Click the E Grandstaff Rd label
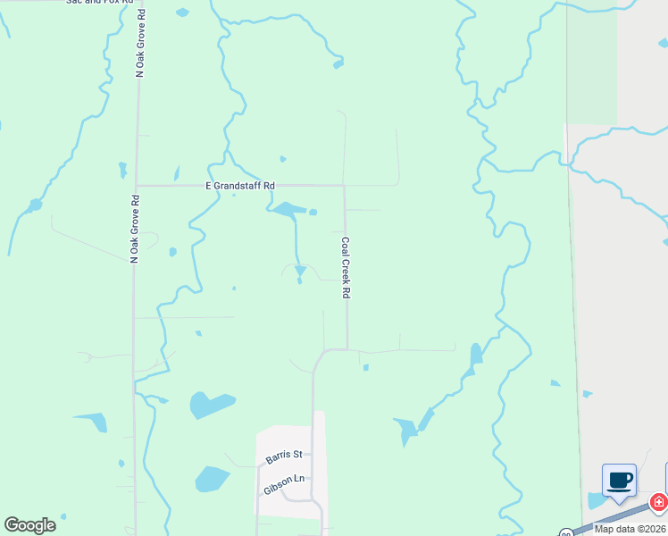tap(240, 185)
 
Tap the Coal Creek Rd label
tap(345, 267)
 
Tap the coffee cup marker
tap(620, 481)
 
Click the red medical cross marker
tap(659, 502)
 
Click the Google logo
tap(30, 524)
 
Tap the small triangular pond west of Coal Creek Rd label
tap(300, 270)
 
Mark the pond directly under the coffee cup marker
tap(597, 500)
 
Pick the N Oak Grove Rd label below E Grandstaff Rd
tap(134, 229)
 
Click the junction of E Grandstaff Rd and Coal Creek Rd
tap(345, 186)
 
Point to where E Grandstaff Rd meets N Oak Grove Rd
tap(136, 186)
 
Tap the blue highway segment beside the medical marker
tap(616, 518)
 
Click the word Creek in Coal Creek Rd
tap(345, 267)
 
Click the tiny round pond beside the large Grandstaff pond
tap(313, 212)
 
